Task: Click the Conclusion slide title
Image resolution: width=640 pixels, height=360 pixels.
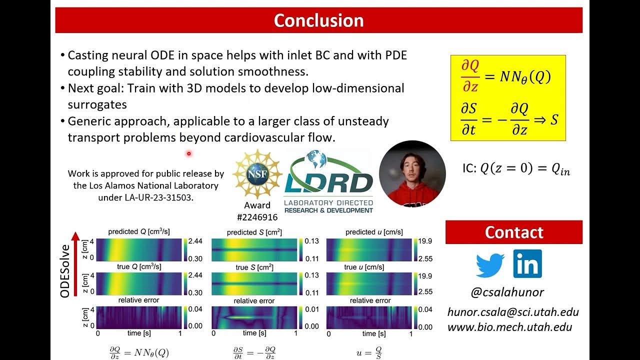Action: [318, 20]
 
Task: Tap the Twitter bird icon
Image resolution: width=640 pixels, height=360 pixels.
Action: [490, 264]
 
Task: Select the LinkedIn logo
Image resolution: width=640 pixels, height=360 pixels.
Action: [527, 264]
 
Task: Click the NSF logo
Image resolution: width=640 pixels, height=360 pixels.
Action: [257, 174]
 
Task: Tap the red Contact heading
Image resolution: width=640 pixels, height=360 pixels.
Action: [513, 232]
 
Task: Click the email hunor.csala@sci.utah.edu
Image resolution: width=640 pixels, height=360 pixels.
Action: [513, 312]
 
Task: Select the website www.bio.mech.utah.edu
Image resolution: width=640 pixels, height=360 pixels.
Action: [509, 327]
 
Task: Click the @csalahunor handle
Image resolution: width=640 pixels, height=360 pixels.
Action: [507, 292]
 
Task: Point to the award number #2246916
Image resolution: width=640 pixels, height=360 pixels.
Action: [257, 217]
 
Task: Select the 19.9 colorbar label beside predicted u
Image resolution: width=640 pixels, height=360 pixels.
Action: [426, 241]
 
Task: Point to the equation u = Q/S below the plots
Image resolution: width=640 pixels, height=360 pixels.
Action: [369, 353]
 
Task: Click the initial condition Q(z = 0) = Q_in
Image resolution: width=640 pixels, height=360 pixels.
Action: [516, 169]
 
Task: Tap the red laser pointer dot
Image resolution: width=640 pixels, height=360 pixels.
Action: [189, 153]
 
